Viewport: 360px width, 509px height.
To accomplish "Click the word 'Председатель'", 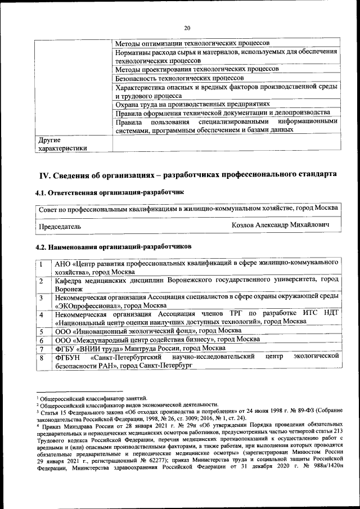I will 59,226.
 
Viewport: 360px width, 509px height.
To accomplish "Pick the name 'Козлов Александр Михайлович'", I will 280,225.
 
